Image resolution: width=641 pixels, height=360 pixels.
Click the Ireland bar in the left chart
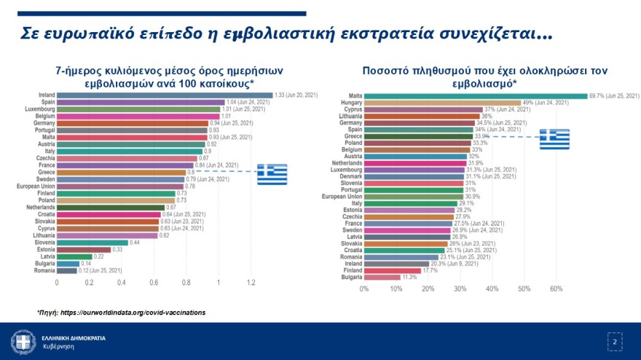[x=164, y=95]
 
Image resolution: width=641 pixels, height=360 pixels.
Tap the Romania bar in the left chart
[x=66, y=270]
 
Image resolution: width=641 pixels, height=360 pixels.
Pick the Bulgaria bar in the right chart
[x=382, y=277]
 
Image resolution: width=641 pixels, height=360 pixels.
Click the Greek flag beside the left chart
[x=272, y=174]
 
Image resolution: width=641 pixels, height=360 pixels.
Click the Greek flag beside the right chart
[x=554, y=139]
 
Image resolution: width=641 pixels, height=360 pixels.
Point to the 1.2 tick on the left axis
[x=251, y=282]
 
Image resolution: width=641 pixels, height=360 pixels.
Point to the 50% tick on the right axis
[x=524, y=289]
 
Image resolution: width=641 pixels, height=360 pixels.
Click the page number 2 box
[x=614, y=341]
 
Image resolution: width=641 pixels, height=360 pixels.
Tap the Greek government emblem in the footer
[x=23, y=342]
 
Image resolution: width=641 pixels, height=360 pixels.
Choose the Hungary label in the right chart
[x=350, y=103]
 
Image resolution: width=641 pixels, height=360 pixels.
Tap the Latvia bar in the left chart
[x=74, y=257]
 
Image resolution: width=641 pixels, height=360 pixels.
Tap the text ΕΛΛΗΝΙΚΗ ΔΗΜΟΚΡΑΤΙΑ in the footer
[x=73, y=338]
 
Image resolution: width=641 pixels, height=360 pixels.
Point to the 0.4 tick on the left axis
[x=121, y=282]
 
